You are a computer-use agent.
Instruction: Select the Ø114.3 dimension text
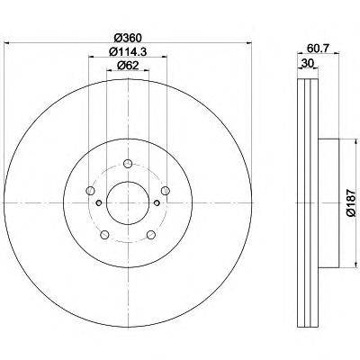click(129, 53)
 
